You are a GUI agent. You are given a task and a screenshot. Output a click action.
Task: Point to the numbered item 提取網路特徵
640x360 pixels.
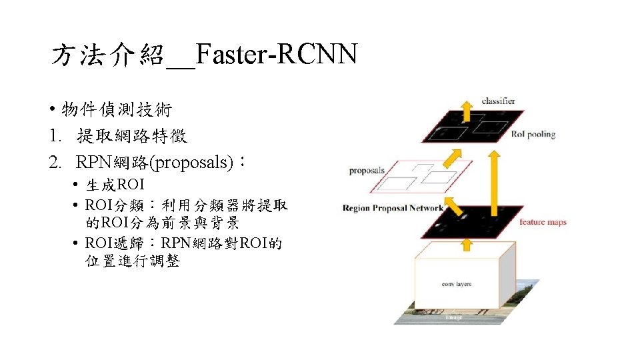point(132,137)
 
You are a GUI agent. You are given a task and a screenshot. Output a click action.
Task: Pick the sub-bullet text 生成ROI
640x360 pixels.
point(115,185)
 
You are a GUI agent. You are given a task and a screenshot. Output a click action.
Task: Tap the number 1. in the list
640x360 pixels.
point(56,137)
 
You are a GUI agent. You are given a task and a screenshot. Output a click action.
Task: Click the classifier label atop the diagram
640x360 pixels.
point(498,101)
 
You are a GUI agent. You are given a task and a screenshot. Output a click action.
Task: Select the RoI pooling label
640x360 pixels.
point(533,134)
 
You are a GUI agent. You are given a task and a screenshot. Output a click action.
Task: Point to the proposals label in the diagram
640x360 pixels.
point(367,171)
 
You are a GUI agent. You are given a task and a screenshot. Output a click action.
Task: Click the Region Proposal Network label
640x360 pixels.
point(393,208)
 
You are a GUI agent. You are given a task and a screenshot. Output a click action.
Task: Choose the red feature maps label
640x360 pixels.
point(543,222)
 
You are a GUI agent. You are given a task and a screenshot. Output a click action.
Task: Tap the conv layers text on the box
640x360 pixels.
point(456,284)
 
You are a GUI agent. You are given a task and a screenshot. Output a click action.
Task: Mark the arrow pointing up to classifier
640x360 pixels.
point(467,111)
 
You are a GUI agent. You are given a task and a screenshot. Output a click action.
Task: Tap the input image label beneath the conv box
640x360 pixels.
point(453,317)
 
